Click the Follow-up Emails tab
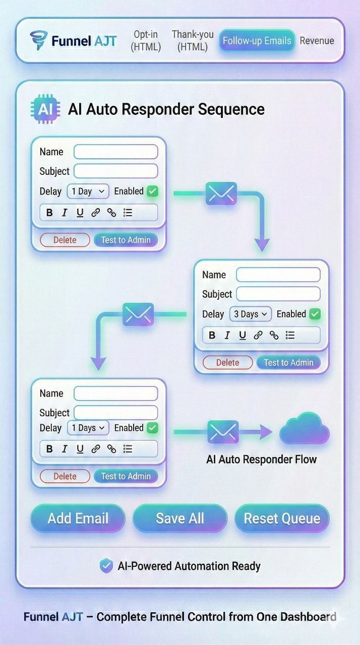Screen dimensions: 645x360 click(x=257, y=41)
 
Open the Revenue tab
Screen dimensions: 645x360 click(x=317, y=41)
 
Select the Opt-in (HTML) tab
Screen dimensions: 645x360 click(x=146, y=41)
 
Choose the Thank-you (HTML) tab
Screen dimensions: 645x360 click(x=193, y=41)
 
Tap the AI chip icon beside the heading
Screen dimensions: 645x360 click(x=45, y=109)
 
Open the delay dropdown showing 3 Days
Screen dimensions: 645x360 click(x=250, y=314)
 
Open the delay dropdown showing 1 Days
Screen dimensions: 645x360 click(x=88, y=428)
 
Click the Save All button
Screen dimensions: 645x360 click(x=180, y=518)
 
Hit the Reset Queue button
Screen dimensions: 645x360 click(x=282, y=518)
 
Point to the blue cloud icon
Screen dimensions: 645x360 click(x=304, y=429)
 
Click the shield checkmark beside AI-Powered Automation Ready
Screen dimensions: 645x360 click(x=106, y=566)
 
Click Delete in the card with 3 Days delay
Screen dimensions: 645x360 click(x=227, y=362)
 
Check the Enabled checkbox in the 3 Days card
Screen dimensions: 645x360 click(x=315, y=314)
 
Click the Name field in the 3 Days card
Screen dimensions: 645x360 click(x=278, y=275)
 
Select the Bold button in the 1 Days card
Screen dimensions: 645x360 click(x=49, y=449)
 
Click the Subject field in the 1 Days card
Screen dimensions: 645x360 click(x=115, y=412)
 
